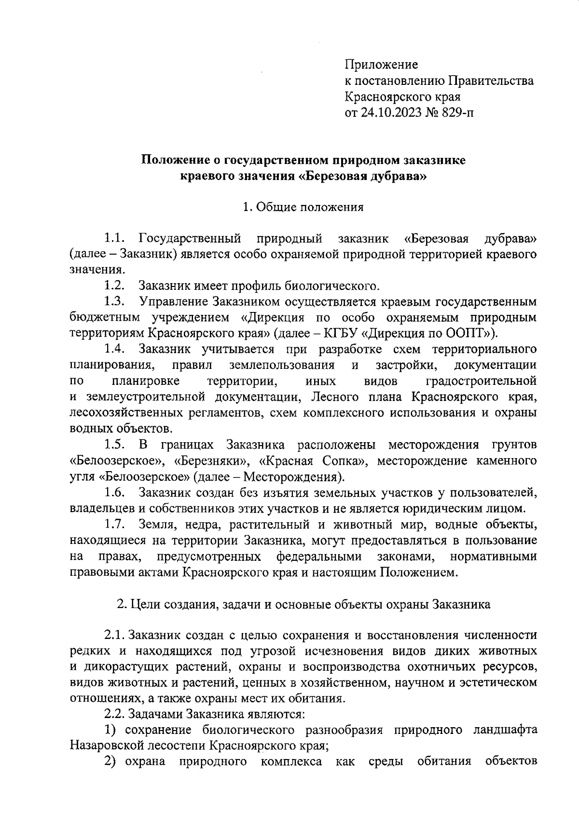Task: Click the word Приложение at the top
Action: click(x=381, y=65)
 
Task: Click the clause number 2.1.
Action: click(x=114, y=635)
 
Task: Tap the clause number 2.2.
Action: click(x=114, y=714)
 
